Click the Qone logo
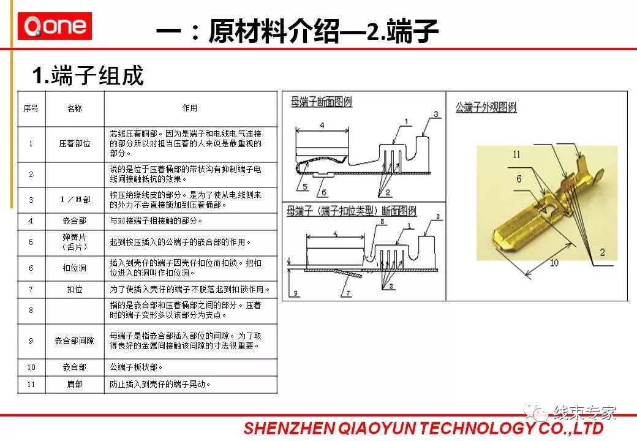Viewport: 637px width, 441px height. coord(55,26)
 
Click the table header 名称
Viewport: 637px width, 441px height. coord(75,108)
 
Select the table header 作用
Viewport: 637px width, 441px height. coord(190,108)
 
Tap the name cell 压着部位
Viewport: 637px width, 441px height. coord(75,144)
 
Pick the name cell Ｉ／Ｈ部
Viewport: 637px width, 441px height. coord(75,200)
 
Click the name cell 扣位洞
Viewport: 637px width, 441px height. coord(75,268)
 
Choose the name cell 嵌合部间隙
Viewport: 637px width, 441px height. coord(75,341)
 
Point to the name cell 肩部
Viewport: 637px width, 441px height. coord(75,385)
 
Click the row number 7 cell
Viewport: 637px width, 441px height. coord(31,289)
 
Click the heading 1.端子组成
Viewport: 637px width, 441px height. coord(88,76)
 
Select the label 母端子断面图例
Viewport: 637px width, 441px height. coord(321,102)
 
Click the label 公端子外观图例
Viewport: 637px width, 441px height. coord(486,108)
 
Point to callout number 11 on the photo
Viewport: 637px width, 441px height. coord(516,155)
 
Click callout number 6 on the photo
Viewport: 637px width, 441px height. coord(519,179)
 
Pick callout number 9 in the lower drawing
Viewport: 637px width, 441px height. coord(295,294)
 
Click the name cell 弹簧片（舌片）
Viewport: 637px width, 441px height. coord(75,241)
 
